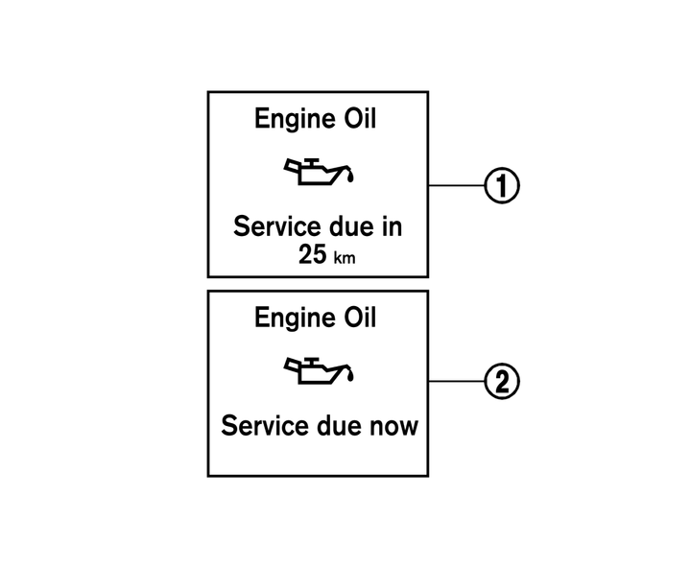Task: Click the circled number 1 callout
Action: pos(502,185)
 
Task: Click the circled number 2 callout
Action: pos(502,381)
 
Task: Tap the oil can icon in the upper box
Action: pos(319,171)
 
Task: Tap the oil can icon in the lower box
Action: pos(319,370)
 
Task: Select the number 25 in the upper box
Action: pos(313,254)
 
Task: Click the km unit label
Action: pos(345,257)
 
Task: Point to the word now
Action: pos(394,427)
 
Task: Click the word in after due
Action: pos(392,226)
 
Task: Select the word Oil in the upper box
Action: pos(360,119)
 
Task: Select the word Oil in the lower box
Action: pos(360,318)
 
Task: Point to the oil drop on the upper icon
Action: pos(351,177)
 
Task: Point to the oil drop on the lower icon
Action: pos(351,376)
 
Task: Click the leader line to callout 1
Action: pos(456,185)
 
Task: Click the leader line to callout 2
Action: pos(456,381)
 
